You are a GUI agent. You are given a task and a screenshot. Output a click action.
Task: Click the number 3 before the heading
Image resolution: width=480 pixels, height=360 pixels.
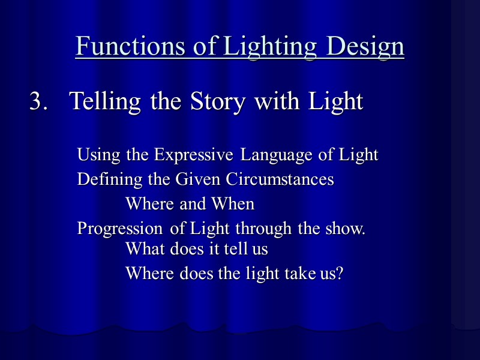37,101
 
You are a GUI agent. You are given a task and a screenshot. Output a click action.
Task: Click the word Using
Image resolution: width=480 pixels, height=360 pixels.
99,155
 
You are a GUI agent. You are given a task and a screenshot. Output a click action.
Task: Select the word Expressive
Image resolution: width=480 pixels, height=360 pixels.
194,155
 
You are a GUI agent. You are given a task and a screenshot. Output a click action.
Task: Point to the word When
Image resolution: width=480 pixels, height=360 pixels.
233,204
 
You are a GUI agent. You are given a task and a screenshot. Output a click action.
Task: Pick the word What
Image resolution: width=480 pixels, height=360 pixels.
143,248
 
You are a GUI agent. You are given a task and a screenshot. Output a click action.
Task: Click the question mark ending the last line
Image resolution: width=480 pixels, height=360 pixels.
340,274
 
